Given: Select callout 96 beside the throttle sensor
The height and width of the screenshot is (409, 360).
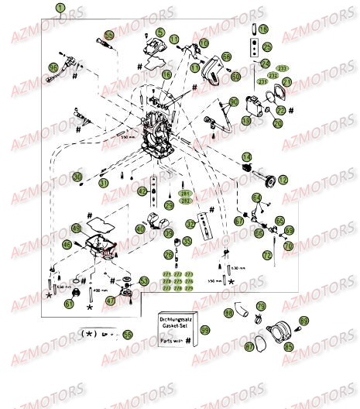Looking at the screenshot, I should click(53, 68).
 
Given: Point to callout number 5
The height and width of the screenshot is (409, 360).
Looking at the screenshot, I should click(160, 33).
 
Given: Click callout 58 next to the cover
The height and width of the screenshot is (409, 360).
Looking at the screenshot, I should click(226, 57).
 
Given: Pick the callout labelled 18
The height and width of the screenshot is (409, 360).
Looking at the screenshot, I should click(263, 29).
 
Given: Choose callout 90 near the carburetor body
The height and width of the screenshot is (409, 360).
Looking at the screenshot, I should click(233, 102).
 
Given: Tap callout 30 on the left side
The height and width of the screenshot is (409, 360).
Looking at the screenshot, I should click(77, 177).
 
